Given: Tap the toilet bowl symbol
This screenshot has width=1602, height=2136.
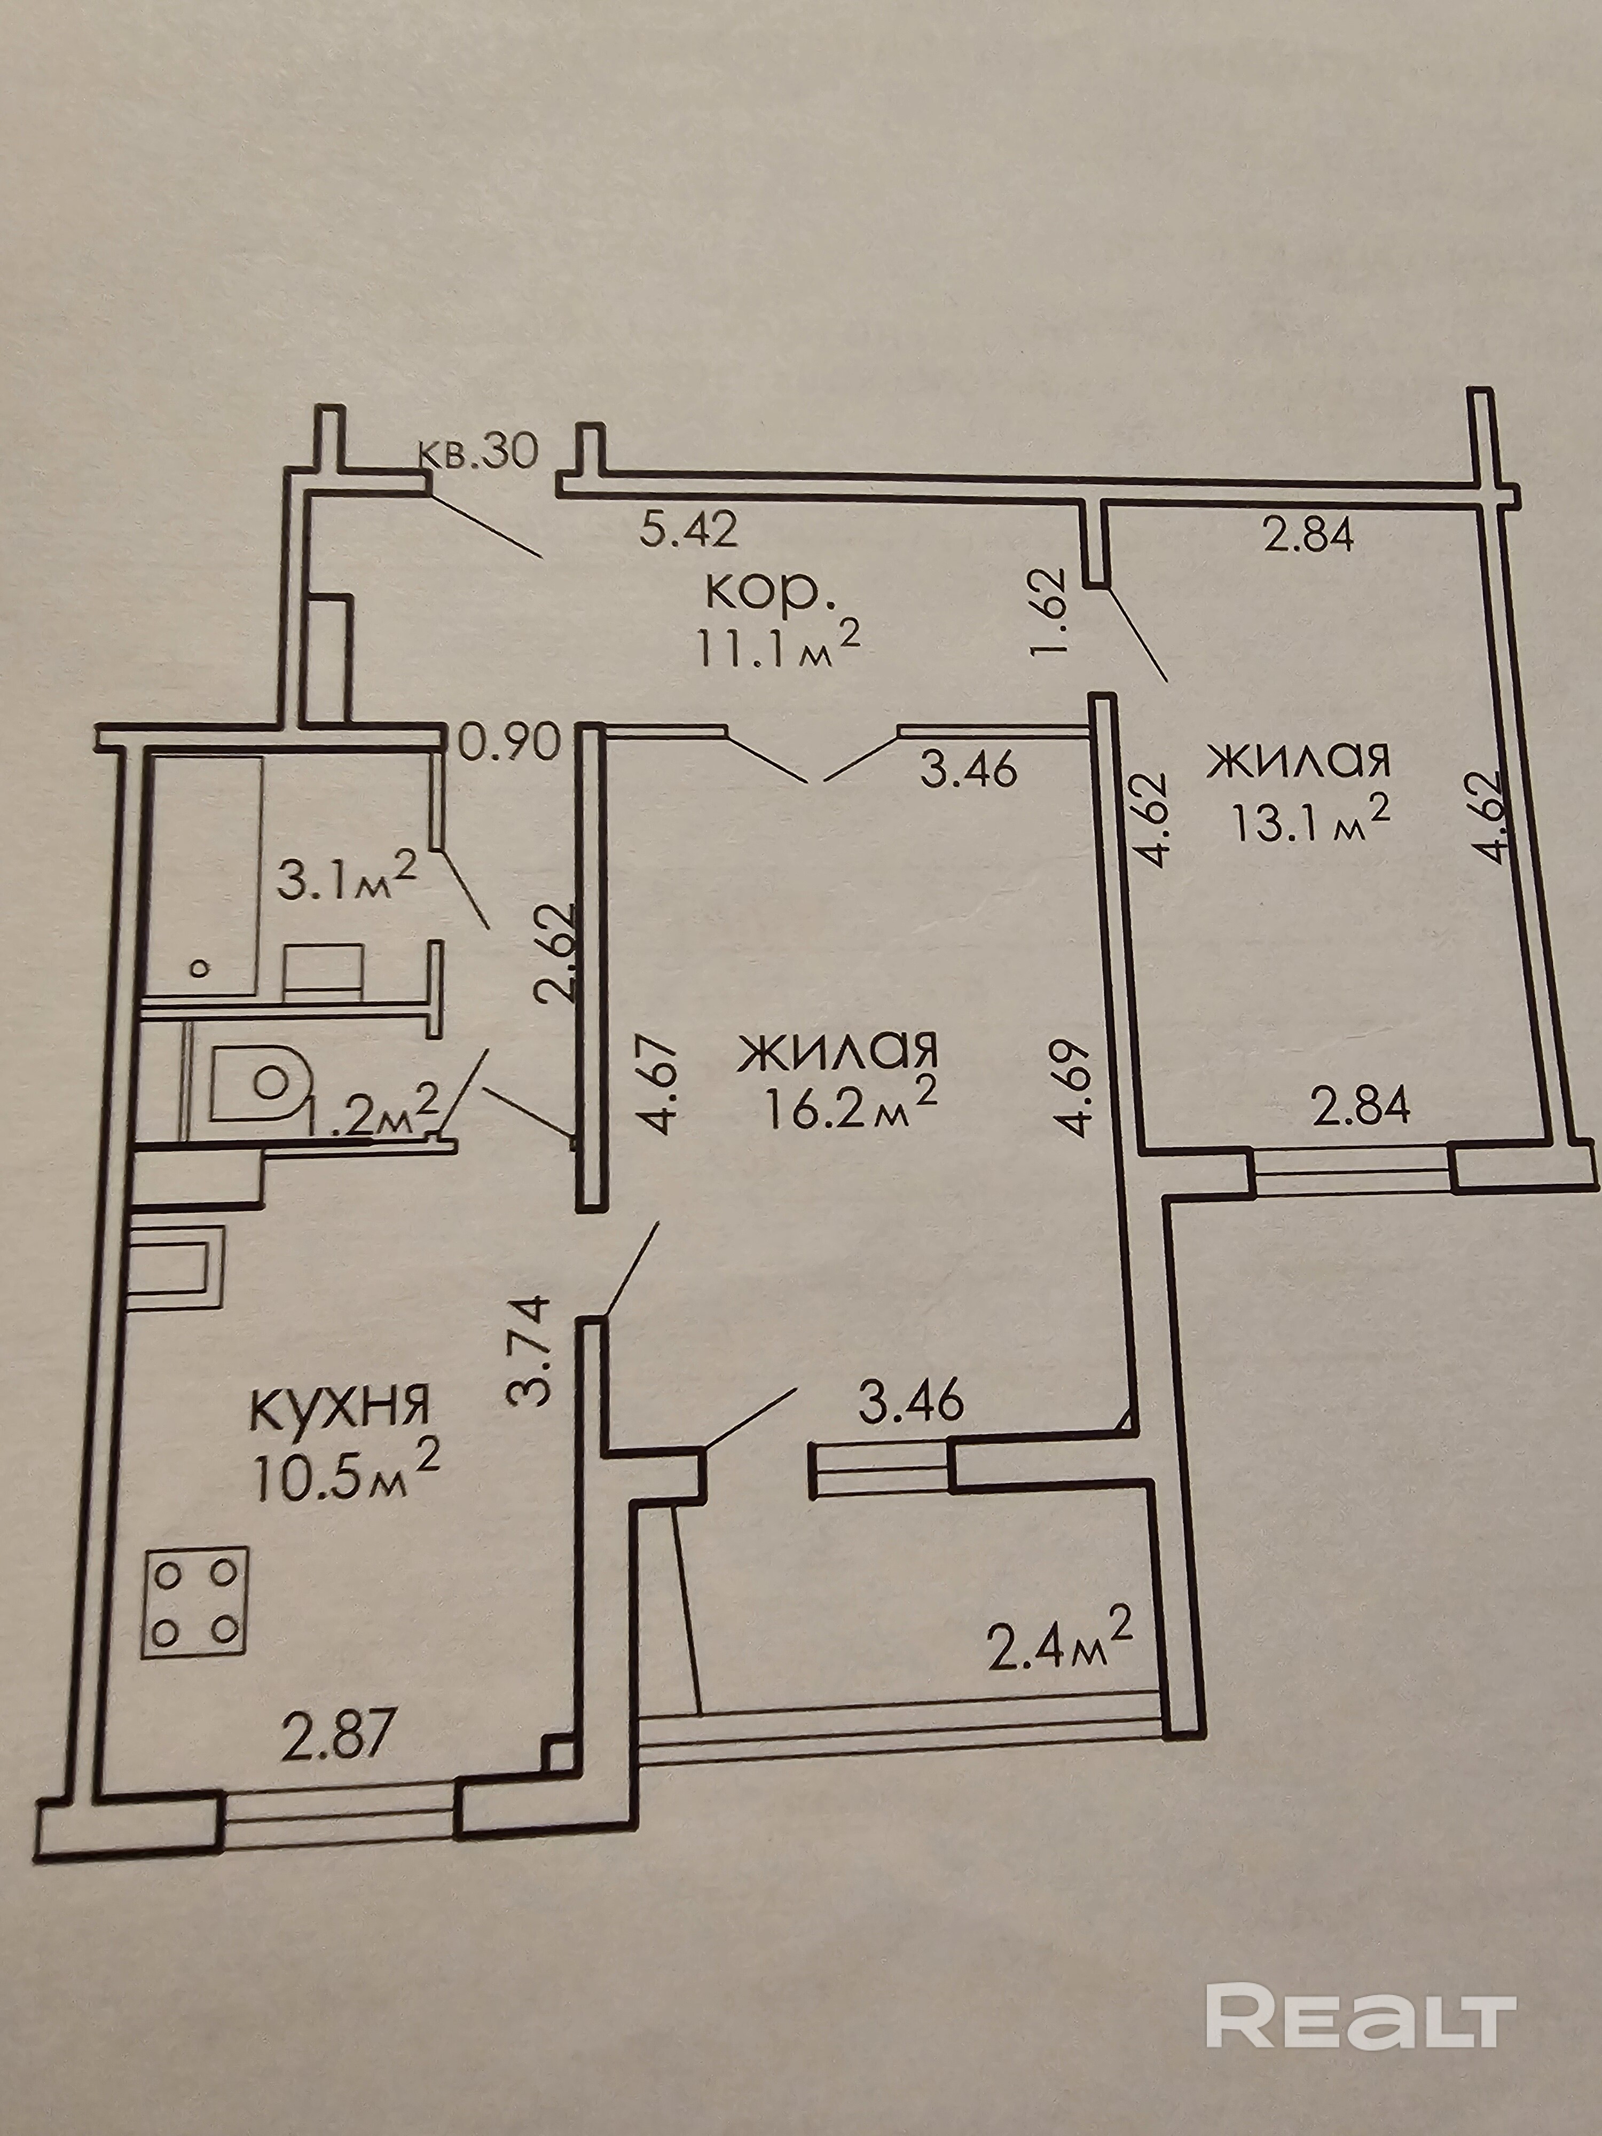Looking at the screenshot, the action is [260, 1082].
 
